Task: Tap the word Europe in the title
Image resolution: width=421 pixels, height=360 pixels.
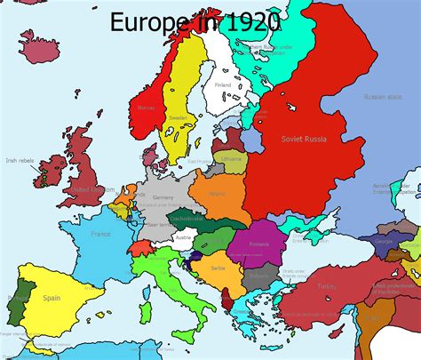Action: (146, 21)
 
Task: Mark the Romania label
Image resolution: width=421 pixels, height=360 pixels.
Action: (260, 244)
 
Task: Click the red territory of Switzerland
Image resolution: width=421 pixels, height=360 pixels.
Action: (142, 245)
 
